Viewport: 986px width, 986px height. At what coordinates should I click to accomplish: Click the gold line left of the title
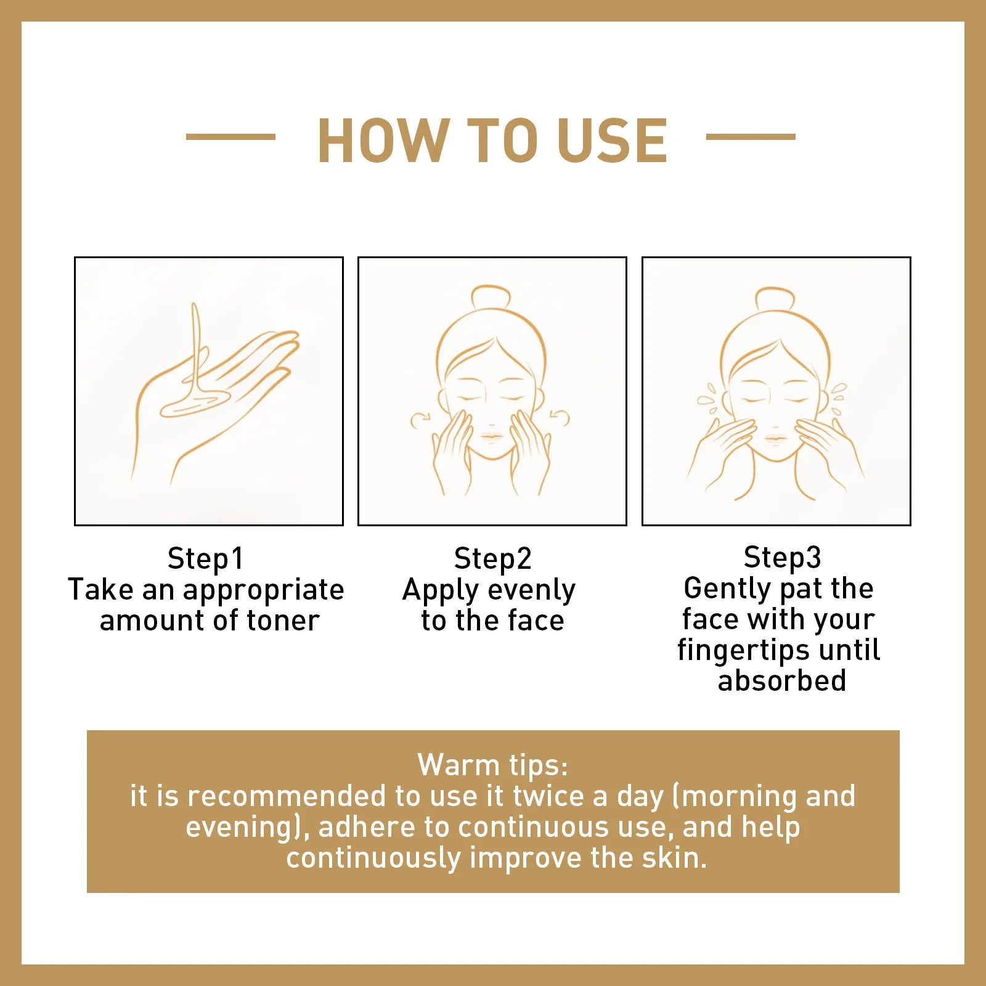click(x=230, y=137)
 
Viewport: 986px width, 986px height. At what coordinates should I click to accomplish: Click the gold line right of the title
click(x=750, y=137)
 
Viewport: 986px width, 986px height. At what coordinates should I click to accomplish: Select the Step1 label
click(x=206, y=558)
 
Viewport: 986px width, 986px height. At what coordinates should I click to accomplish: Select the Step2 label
click(x=492, y=558)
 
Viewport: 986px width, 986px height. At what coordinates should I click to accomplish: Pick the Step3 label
click(x=782, y=557)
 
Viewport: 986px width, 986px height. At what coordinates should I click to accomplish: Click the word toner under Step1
click(x=283, y=620)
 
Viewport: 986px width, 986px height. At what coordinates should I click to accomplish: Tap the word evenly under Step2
click(x=531, y=590)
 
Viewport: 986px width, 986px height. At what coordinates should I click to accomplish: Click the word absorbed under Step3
click(x=782, y=680)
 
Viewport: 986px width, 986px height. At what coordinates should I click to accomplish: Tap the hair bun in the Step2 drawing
click(x=491, y=298)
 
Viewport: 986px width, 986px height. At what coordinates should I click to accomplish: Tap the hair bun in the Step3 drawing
click(x=775, y=299)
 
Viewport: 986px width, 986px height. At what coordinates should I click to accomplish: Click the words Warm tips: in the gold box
click(x=492, y=765)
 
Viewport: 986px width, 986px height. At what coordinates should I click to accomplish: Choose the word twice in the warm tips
click(x=548, y=796)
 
